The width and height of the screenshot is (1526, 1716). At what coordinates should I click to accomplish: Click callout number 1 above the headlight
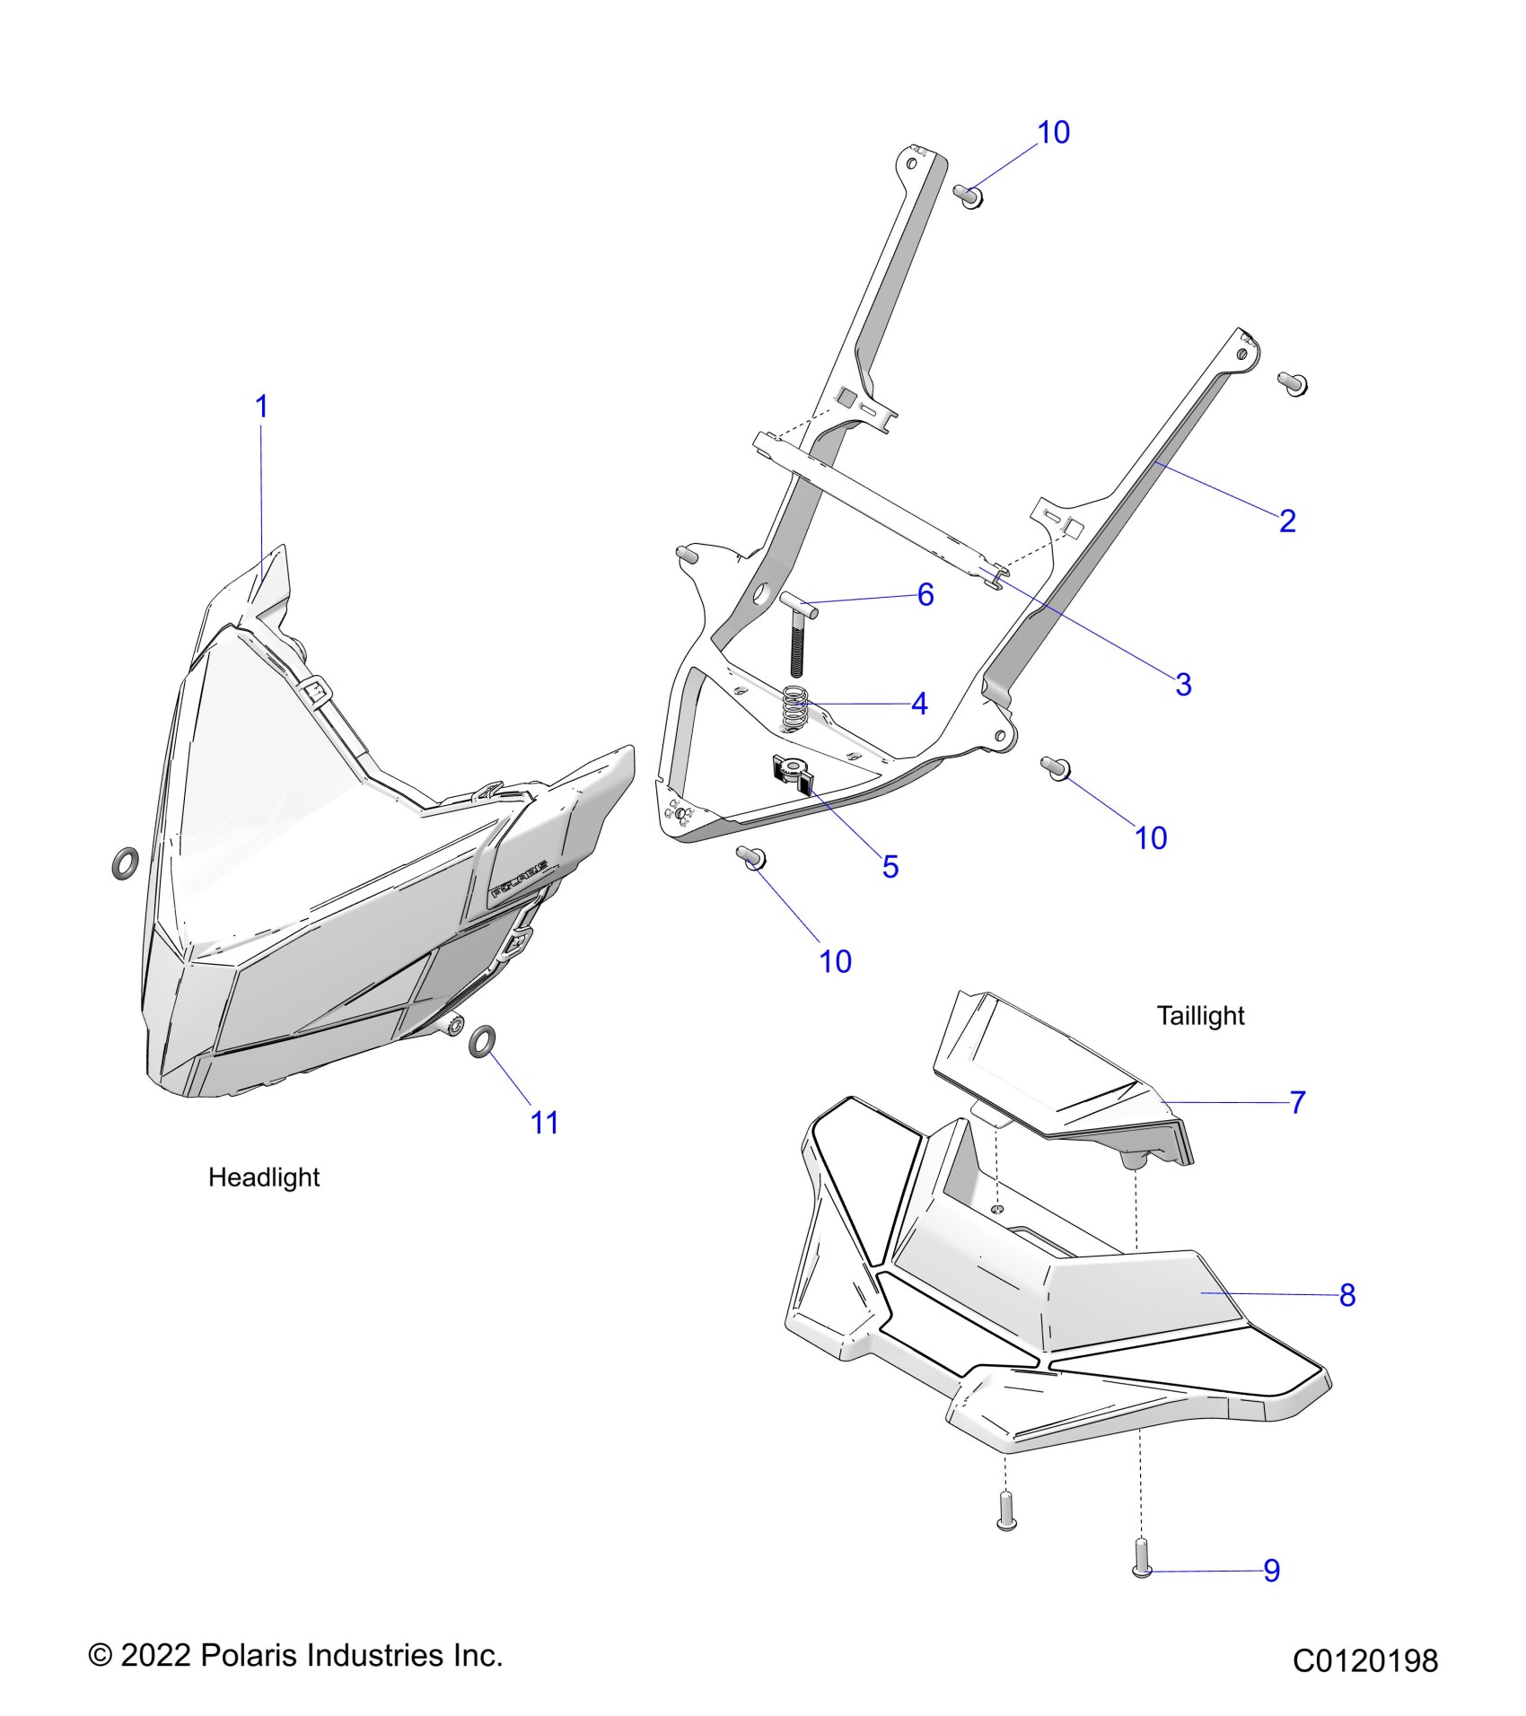(x=262, y=407)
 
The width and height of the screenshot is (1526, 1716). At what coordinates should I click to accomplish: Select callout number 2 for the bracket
(x=1287, y=521)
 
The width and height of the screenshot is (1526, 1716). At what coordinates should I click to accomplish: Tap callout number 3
(x=1183, y=685)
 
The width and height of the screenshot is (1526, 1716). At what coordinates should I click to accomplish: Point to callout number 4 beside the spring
(x=919, y=705)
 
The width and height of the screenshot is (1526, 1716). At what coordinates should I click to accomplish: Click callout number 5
(x=890, y=867)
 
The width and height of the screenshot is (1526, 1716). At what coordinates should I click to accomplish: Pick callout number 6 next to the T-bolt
(x=925, y=595)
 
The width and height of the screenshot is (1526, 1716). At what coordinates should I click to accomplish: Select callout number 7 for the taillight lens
(x=1297, y=1103)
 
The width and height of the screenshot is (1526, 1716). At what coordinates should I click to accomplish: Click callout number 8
(x=1346, y=1295)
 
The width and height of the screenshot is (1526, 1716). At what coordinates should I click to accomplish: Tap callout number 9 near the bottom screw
(x=1271, y=1571)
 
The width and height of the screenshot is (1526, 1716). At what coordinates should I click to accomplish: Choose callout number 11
(x=545, y=1123)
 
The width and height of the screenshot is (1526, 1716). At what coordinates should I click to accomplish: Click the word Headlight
(x=264, y=1178)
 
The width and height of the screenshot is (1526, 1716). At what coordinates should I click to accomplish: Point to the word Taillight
(x=1200, y=1016)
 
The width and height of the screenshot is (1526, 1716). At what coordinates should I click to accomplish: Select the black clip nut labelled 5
(x=791, y=771)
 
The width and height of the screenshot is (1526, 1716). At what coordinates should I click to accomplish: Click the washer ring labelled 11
(x=482, y=1042)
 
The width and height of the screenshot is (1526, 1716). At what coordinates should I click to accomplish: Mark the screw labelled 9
(x=1142, y=1558)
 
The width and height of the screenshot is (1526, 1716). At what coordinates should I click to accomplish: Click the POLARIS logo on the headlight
(x=520, y=880)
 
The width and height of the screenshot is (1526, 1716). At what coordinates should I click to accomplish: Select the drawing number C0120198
(x=1364, y=1661)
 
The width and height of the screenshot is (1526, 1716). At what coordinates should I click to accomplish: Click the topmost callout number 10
(x=1054, y=133)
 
